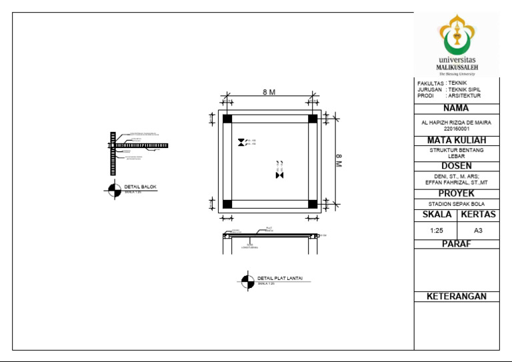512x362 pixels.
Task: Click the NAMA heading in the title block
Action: click(457, 108)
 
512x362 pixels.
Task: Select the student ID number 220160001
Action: click(457, 129)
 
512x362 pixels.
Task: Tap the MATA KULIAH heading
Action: click(457, 140)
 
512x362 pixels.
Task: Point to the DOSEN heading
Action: click(457, 165)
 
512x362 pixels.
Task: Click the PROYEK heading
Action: click(457, 193)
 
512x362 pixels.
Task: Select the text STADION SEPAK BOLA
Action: click(457, 204)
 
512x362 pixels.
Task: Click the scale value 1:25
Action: click(437, 230)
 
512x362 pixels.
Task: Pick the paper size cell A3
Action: click(478, 230)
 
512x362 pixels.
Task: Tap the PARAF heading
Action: click(457, 244)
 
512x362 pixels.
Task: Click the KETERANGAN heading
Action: click(457, 297)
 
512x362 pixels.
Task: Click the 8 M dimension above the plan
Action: click(269, 93)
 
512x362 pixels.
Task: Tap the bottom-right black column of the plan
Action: click(313, 204)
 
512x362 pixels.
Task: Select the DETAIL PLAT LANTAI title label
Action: click(275, 278)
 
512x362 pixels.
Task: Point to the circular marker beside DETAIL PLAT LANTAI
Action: click(247, 281)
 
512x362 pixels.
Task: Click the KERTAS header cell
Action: click(478, 215)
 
